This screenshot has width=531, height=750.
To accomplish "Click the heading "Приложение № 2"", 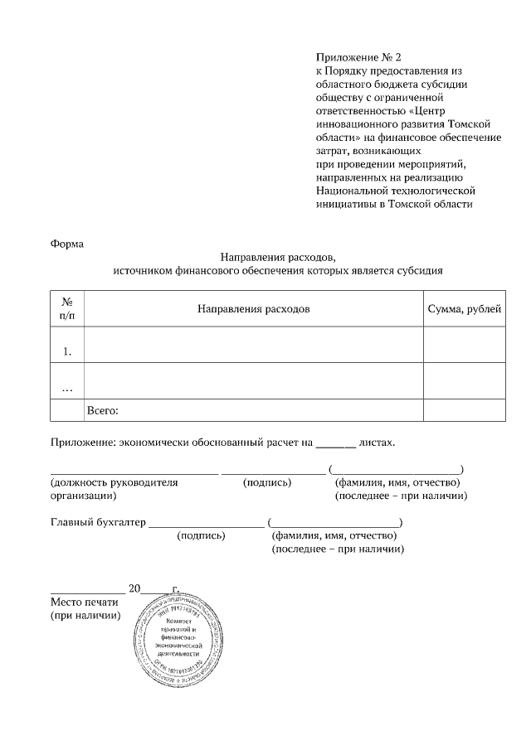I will [358, 57].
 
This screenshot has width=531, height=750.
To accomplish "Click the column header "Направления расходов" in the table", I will [254, 309].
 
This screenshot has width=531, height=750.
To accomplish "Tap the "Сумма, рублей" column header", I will [464, 309].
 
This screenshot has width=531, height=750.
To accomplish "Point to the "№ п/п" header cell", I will [67, 309].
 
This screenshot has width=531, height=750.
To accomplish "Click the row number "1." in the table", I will [67, 351].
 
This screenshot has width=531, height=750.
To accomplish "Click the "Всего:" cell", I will [104, 410].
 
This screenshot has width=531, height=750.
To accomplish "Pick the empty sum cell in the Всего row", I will [464, 410].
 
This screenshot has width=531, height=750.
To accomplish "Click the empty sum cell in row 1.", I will [464, 346].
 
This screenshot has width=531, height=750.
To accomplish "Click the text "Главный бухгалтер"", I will [98, 523].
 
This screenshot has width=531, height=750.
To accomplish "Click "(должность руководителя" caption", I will [114, 482].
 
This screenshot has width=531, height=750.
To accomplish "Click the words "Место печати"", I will [85, 602].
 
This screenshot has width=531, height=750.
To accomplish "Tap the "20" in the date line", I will [134, 589].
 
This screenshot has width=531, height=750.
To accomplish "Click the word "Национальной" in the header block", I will [351, 191].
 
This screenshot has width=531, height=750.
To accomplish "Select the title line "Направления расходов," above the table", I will [278, 257].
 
